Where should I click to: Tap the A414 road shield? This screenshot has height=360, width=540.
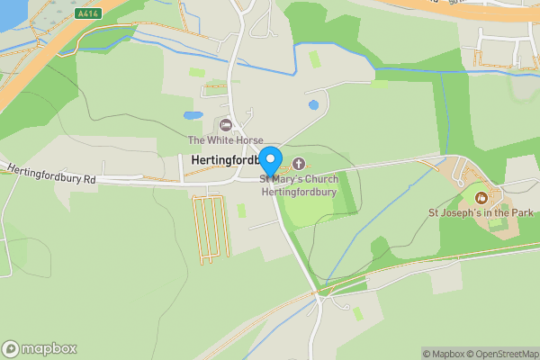coord(88,13)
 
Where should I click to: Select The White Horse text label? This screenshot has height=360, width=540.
coord(225,140)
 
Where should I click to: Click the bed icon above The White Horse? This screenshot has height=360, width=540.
coord(225,124)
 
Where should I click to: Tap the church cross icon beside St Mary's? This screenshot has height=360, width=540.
coord(298,163)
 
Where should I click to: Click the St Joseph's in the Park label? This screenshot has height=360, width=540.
coord(480,212)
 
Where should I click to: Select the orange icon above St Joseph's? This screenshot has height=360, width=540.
coord(480,197)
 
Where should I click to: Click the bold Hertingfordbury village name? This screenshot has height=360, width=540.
coord(225,159)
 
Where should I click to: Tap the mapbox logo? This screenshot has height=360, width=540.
coord(40,348)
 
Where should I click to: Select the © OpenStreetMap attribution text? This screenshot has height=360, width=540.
coord(502,353)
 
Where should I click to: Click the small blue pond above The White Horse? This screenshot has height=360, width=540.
coord(193,116)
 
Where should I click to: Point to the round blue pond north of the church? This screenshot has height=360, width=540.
coord(313,105)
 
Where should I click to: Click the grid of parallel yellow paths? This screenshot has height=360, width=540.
coord(211,229)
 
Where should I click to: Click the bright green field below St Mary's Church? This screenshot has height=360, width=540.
coord(310,209)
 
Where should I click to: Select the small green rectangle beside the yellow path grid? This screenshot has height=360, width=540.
coord(241,211)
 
